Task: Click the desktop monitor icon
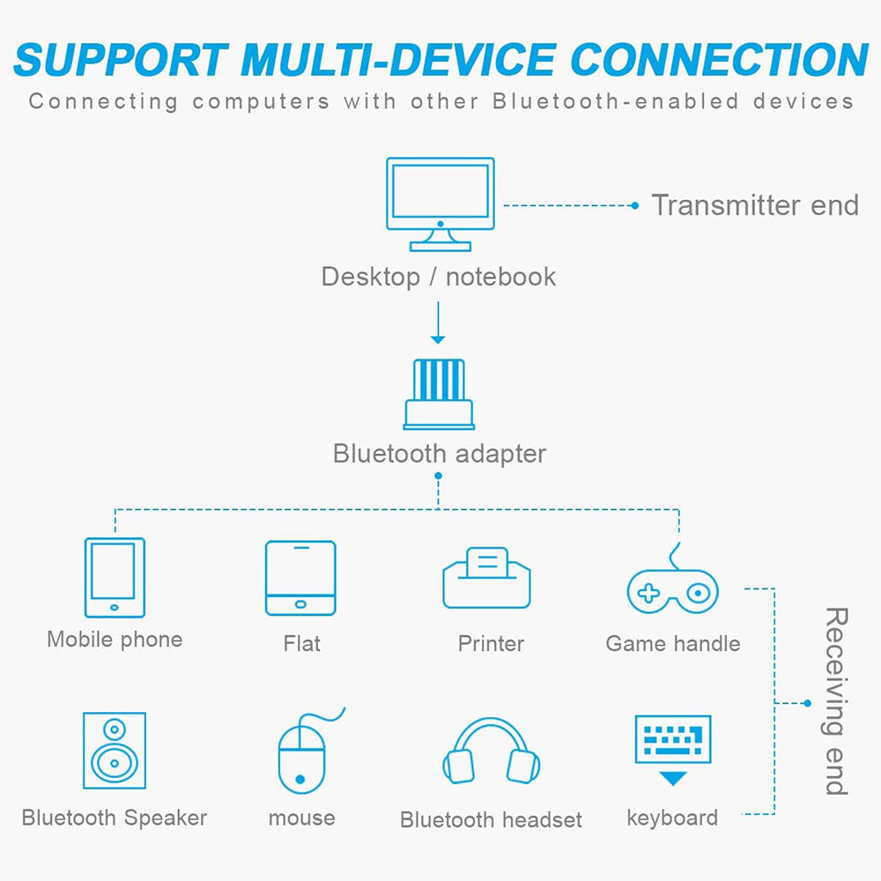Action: coord(440,203)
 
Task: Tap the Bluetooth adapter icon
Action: coord(438,393)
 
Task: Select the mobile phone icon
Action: coord(115,577)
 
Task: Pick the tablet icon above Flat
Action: coord(300,578)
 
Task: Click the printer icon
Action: coord(486,578)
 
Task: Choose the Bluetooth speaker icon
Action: coord(115,751)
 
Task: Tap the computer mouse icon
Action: coord(302,754)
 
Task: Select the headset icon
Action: coord(491,754)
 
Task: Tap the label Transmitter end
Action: coord(755,205)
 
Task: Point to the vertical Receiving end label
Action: coord(834,701)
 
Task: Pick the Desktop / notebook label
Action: coord(438,277)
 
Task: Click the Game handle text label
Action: coord(673,644)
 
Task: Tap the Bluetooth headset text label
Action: coord(491,820)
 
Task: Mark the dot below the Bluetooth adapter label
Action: coord(438,477)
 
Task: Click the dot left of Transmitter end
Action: coord(634,205)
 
